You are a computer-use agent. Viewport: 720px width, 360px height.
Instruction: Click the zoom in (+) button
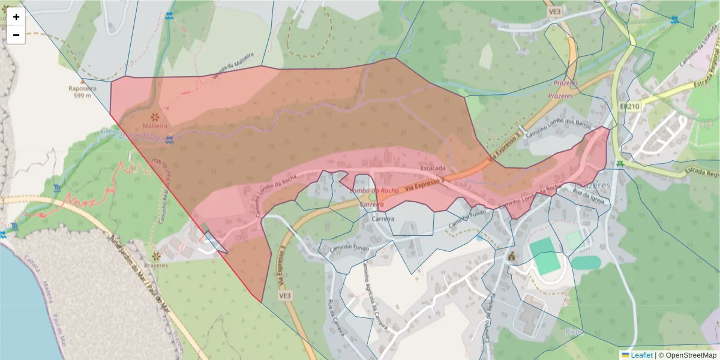coord(16,17)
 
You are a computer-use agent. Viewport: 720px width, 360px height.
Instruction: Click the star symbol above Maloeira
coord(155,116)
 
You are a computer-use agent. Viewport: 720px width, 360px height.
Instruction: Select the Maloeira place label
coord(155,126)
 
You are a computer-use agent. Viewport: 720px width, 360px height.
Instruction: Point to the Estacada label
coord(433,168)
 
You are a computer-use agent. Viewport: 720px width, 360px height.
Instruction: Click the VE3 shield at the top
coord(554,11)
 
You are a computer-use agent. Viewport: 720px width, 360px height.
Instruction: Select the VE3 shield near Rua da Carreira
coord(284,296)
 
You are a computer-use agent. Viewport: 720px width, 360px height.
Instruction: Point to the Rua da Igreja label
coord(588,197)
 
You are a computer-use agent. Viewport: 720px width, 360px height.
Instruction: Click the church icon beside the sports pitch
coord(512,256)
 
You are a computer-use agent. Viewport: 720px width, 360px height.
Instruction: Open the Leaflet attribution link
coord(641,355)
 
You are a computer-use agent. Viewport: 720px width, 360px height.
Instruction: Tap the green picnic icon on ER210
coord(620,163)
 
